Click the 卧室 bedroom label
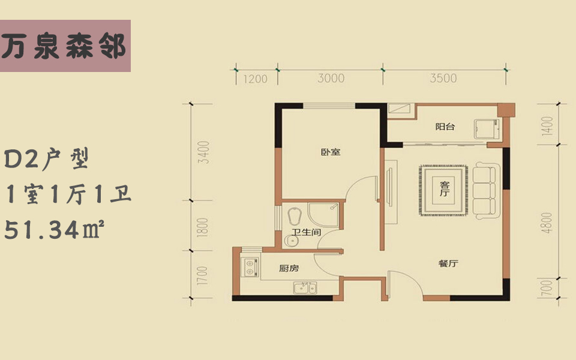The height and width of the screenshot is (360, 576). coord(331,152)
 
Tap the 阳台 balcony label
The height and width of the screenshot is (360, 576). coord(445,127)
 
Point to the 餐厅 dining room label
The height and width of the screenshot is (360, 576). coord(449,263)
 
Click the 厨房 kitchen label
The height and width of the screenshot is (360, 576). coord(289,269)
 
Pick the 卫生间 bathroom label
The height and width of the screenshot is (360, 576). coord(306,232)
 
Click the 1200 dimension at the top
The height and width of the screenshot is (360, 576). coord(256,79)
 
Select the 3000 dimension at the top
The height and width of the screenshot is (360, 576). coord(331,78)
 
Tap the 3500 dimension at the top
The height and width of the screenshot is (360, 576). coord(443,78)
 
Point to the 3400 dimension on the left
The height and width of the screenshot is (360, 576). coord(203,152)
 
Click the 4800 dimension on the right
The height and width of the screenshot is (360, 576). coord(547,223)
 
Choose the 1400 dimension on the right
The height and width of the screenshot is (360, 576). coord(547,125)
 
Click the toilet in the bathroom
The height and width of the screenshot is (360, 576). coord(294,216)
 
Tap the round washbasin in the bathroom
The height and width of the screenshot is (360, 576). coord(292,241)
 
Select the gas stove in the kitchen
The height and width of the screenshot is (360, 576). coord(250,266)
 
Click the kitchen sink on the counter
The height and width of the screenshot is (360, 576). coord(305,287)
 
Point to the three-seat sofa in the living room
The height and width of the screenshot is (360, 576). coord(485,190)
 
